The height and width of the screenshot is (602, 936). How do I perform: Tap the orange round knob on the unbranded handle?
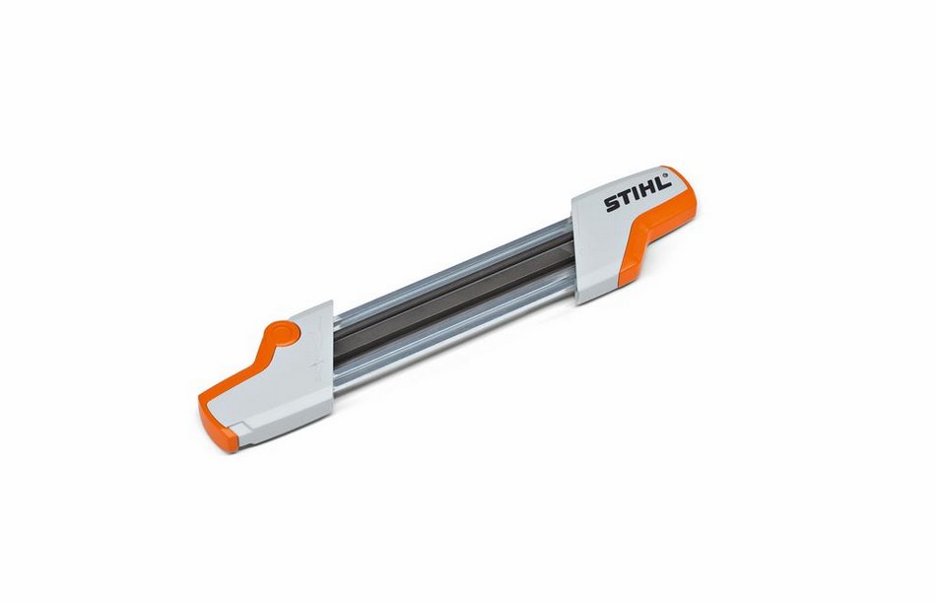coord(283,333)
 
